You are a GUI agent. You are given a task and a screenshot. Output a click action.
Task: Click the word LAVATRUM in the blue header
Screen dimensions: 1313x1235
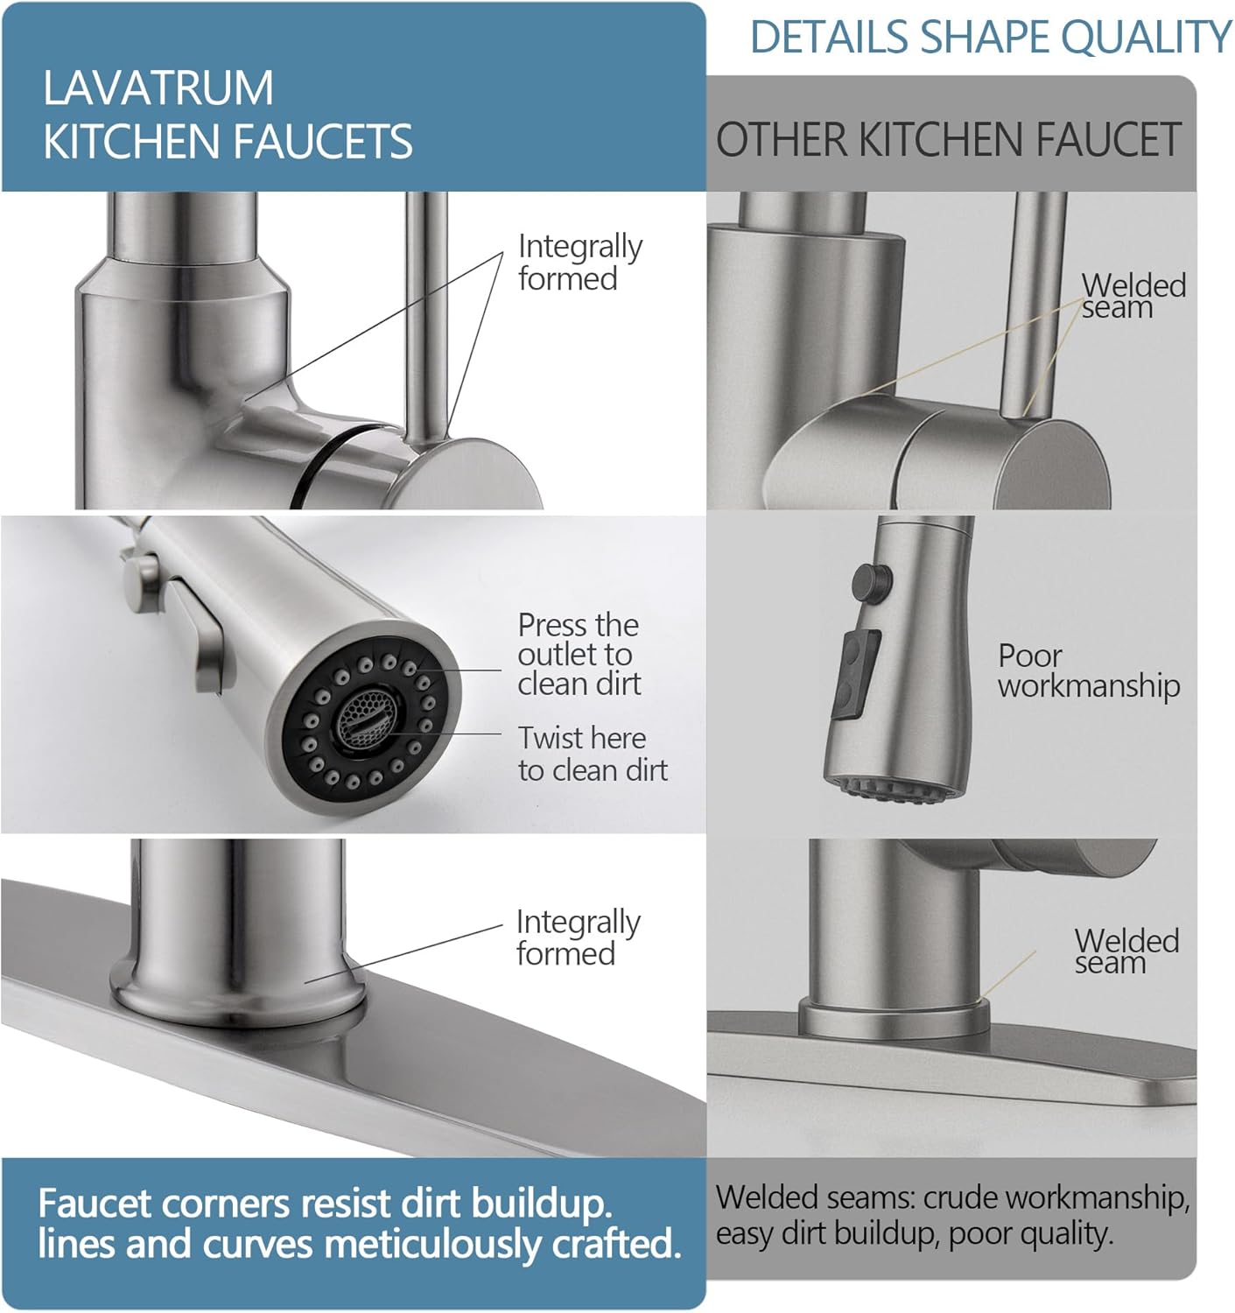[158, 88]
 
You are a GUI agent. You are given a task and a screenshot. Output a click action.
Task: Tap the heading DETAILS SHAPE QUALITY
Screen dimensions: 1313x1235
[990, 38]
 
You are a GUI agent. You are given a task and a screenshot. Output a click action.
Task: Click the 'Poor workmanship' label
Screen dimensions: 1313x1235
[1088, 671]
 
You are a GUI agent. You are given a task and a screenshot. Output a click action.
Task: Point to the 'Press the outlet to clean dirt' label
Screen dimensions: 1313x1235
[579, 654]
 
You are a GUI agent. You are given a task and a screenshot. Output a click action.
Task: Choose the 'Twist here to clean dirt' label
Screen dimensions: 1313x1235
[592, 754]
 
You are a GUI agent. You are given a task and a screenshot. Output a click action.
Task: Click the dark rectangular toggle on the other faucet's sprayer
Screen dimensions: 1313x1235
[855, 676]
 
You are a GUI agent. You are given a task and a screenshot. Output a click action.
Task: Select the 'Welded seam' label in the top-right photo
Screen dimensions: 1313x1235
[1133, 296]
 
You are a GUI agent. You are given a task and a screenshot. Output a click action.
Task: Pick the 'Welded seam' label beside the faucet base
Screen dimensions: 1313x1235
[1126, 951]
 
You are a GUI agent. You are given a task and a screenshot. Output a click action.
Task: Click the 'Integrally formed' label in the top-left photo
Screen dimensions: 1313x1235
[579, 262]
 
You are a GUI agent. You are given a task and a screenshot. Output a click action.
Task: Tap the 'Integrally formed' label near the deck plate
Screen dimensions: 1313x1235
[578, 937]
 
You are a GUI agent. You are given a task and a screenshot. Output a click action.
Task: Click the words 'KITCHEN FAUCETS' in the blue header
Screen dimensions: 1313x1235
[228, 142]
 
